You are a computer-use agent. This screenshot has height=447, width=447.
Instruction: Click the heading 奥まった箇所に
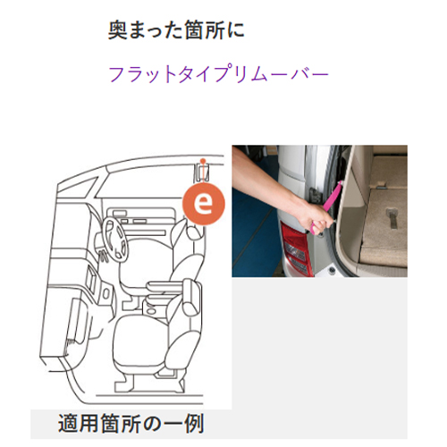pyautogui.click(x=176, y=30)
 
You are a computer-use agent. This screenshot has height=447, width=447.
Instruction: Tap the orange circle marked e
pyautogui.click(x=204, y=204)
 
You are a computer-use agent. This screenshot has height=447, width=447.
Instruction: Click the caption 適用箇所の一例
pyautogui.click(x=131, y=424)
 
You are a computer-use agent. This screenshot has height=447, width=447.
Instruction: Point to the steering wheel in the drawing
pyautogui.click(x=113, y=238)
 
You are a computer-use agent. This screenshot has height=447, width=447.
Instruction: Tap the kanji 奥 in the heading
pyautogui.click(x=117, y=30)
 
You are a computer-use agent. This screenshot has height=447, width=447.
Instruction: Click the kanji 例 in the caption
pyautogui.click(x=194, y=424)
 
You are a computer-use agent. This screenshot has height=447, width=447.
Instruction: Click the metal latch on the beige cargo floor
pyautogui.click(x=392, y=219)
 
